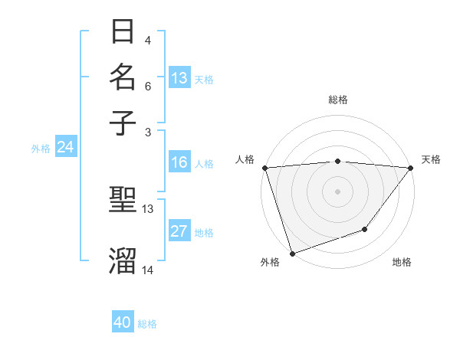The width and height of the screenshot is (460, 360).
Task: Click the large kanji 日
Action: (x=123, y=31)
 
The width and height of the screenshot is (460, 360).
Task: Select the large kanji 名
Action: (x=123, y=77)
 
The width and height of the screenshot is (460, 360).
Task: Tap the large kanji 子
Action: (x=123, y=122)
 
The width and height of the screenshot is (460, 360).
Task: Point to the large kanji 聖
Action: (x=123, y=200)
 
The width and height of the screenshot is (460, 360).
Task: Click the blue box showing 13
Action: (x=179, y=78)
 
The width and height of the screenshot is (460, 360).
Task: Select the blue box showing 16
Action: (x=179, y=162)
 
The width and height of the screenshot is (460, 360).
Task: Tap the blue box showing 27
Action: (x=179, y=232)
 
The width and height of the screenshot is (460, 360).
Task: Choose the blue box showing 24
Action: (x=65, y=148)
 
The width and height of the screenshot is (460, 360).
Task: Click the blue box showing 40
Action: (x=123, y=322)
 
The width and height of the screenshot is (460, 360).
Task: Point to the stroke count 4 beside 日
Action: (x=147, y=41)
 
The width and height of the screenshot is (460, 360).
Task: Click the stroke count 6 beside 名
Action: (x=147, y=86)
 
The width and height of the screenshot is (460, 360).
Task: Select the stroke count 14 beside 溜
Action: (x=148, y=270)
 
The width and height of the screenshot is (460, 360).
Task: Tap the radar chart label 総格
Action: (x=337, y=100)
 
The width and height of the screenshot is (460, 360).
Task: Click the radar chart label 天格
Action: (x=432, y=159)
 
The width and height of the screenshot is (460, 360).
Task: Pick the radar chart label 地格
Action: (x=402, y=263)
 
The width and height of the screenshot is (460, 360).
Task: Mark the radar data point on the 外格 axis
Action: (x=292, y=253)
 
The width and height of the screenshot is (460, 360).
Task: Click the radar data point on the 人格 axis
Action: (x=264, y=168)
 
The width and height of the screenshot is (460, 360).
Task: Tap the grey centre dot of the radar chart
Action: (x=337, y=191)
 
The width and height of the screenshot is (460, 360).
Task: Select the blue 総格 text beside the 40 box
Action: (x=147, y=324)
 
